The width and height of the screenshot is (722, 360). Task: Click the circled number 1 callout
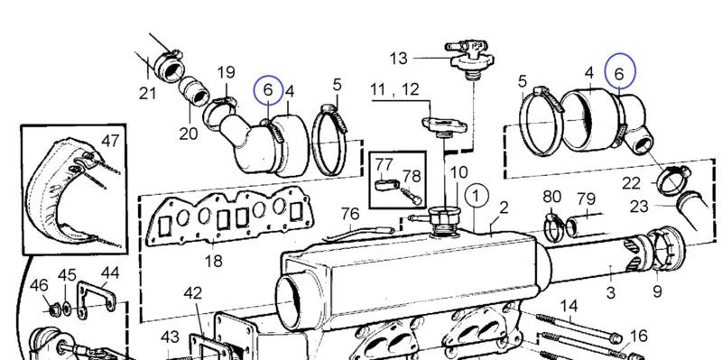coord(477,197)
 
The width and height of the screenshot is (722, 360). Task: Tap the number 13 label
coord(399,59)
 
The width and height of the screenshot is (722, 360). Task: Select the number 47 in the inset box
coord(110,141)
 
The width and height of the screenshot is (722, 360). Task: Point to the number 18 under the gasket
coord(214,261)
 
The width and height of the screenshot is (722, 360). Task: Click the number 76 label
coord(350,214)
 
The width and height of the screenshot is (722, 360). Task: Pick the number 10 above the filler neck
coord(458,172)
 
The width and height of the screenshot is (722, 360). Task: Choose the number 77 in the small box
coord(384,164)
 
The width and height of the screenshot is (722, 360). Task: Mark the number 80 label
coord(551,197)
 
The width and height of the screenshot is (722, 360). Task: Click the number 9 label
coord(657,291)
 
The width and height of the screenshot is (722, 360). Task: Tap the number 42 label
coord(193,293)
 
